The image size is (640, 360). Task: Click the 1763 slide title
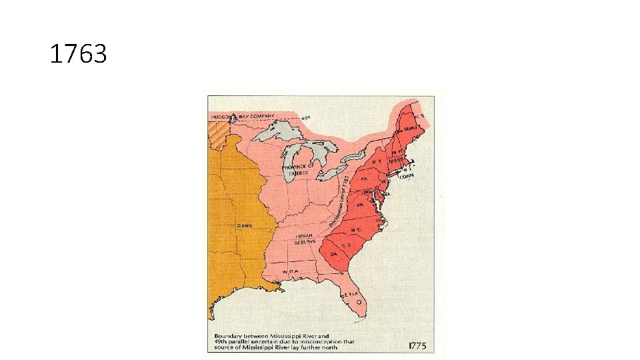(x=78, y=54)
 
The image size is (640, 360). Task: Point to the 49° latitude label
(x=306, y=118)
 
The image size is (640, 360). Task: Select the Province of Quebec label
(x=297, y=169)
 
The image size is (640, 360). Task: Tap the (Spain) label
(x=245, y=225)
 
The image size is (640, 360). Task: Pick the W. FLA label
(x=289, y=272)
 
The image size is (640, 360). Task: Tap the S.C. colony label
(x=347, y=245)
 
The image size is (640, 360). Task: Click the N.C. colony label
(x=357, y=229)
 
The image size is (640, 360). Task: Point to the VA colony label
(x=361, y=206)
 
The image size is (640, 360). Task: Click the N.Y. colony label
(x=377, y=161)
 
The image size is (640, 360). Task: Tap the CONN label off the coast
(x=407, y=175)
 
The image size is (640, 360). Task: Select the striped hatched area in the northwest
(x=217, y=133)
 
